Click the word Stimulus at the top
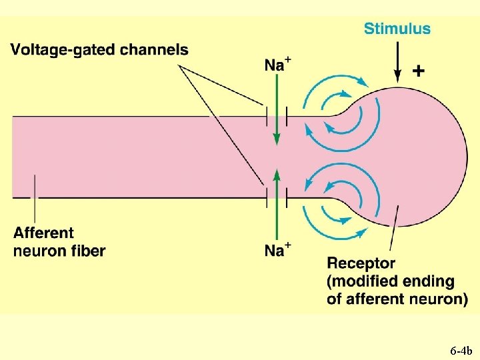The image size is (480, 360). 397,29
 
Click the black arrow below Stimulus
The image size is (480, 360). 397,63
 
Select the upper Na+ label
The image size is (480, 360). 277,65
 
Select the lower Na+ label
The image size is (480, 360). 277,251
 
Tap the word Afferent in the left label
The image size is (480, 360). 43,233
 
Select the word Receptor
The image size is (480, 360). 361,264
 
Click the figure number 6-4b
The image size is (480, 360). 460,350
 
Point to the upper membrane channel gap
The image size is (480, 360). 277,117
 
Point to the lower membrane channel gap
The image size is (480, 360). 277,197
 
